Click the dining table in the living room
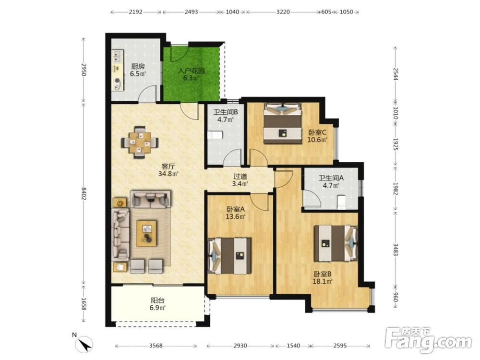(140, 143)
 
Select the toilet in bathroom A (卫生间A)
(341, 203)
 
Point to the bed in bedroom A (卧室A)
(229, 256)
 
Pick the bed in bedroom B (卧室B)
(336, 243)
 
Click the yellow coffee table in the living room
(146, 233)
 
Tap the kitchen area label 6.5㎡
(138, 74)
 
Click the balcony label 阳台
(157, 300)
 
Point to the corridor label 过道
(240, 177)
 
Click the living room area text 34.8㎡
(168, 174)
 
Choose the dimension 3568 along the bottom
(156, 346)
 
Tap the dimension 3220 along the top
(283, 12)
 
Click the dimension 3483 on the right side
(395, 249)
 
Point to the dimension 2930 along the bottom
(240, 346)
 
